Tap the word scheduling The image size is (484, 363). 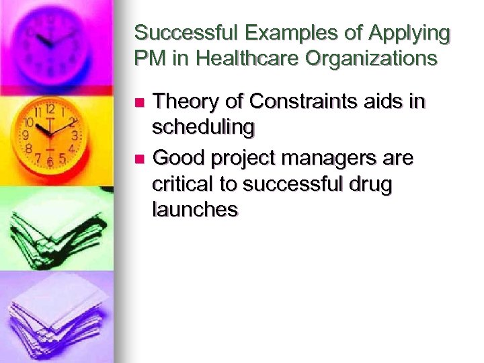tap(204, 126)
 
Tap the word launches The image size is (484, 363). tap(195, 209)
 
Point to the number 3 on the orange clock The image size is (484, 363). tap(75, 135)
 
